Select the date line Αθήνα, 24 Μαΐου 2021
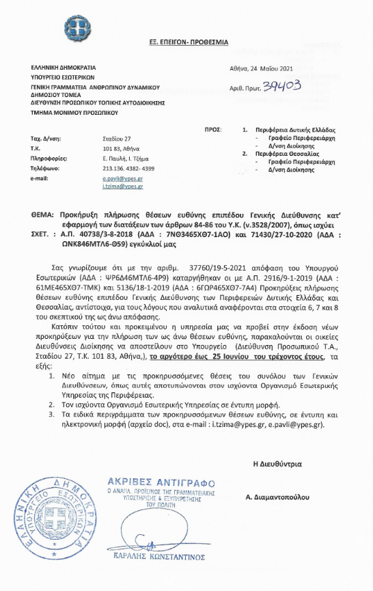(260, 68)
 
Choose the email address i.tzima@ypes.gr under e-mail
(119, 185)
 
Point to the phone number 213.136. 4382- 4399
(128, 167)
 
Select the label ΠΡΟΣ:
(214, 129)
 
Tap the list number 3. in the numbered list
(53, 414)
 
